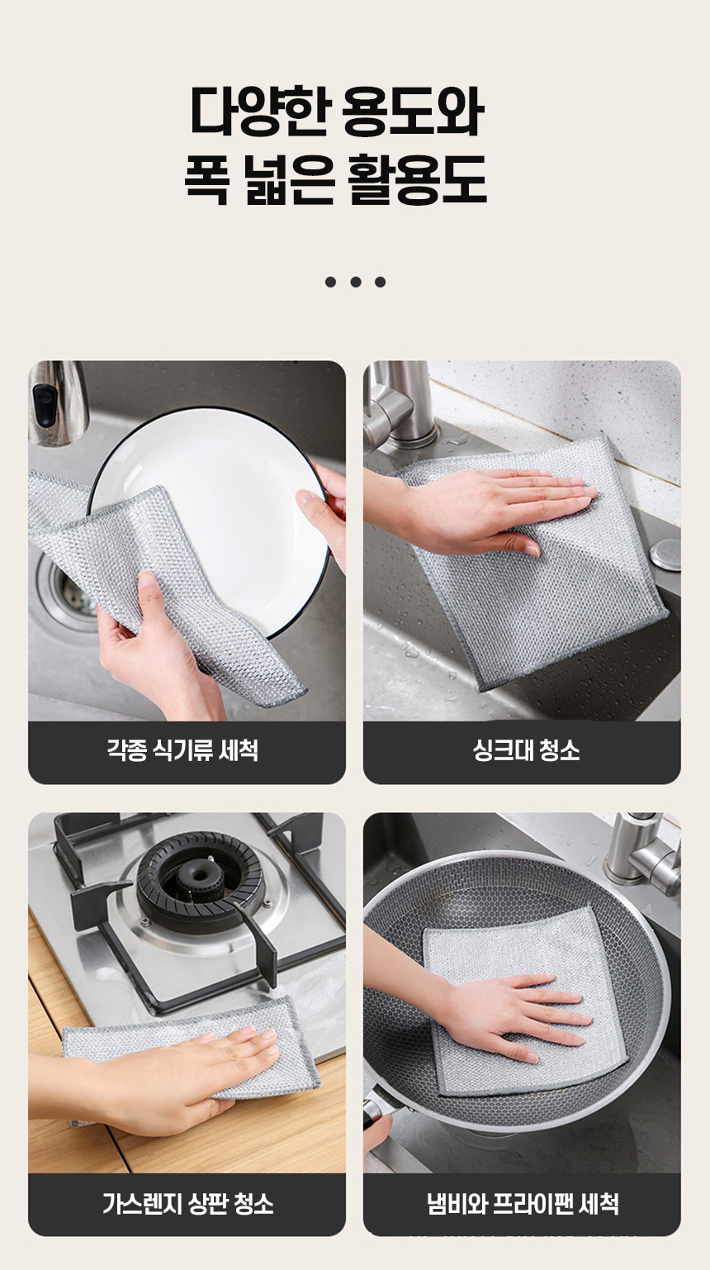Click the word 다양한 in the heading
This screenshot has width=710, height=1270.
click(259, 111)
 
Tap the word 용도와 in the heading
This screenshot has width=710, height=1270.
click(413, 111)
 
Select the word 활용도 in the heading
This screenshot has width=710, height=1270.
click(418, 179)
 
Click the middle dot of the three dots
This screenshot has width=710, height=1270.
click(356, 282)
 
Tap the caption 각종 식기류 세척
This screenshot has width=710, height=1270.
click(182, 750)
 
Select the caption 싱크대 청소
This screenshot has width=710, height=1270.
click(527, 750)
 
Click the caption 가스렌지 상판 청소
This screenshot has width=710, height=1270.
click(187, 1204)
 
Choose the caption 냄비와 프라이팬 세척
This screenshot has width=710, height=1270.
click(522, 1204)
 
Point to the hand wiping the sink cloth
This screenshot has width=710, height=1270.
click(487, 507)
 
